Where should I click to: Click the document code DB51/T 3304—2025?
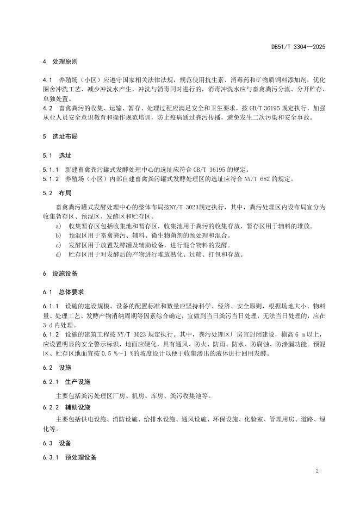click(298, 48)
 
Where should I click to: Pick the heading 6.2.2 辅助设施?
click(67, 407)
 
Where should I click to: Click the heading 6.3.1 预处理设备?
click(70, 458)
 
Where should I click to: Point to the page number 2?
click(317, 470)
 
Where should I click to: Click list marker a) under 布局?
click(58, 225)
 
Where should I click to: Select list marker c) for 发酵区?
click(58, 245)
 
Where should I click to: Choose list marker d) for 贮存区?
click(58, 254)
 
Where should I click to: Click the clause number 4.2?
click(48, 108)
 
